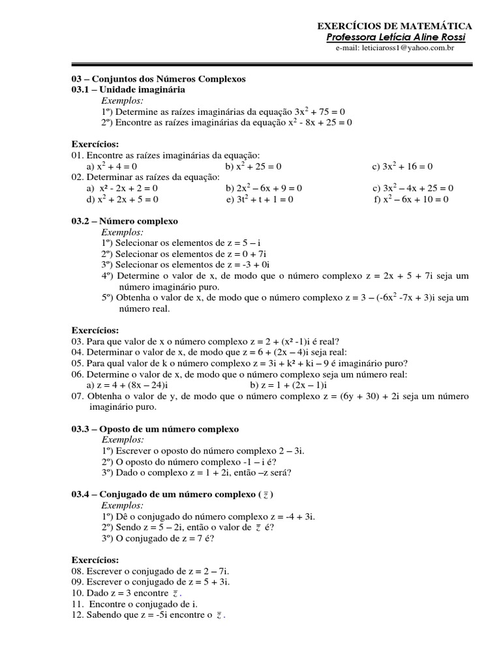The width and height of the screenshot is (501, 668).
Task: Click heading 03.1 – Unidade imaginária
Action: [128, 89]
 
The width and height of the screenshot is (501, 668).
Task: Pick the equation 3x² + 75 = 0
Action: [319, 112]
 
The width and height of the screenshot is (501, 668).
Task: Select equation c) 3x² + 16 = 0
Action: [402, 166]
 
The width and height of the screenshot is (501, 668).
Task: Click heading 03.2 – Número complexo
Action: [125, 221]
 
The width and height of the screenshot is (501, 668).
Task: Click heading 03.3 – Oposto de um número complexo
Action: [155, 429]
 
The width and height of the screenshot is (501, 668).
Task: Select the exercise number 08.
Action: [77, 571]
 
